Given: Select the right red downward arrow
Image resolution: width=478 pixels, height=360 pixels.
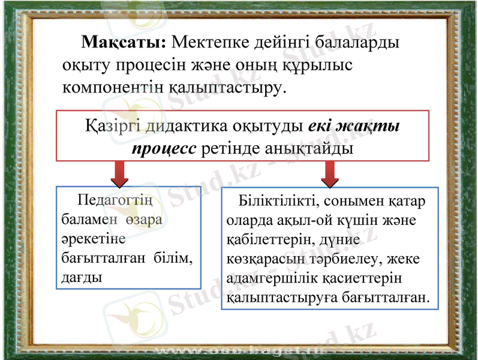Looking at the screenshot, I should (329, 174).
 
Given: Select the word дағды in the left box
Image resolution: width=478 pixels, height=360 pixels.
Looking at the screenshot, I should (81, 278).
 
